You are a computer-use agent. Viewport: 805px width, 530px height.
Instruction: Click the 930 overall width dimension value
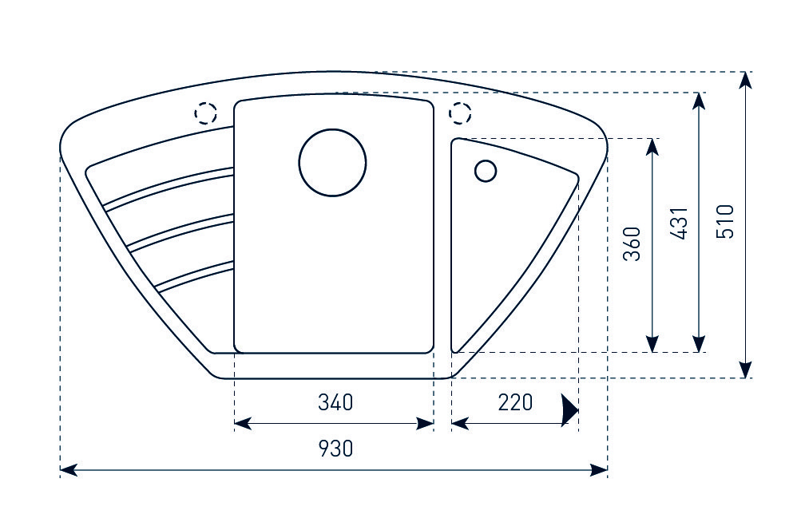[x=335, y=449]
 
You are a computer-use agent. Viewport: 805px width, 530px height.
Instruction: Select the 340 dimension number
[x=335, y=402]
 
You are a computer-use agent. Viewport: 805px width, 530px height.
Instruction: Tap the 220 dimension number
[x=515, y=402]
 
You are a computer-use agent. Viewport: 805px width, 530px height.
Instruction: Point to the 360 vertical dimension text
[x=632, y=244]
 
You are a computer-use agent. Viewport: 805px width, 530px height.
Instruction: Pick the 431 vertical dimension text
[x=679, y=223]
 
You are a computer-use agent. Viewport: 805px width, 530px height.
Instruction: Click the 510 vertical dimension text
[x=725, y=222]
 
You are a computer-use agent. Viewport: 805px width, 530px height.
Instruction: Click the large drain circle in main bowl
[x=332, y=162]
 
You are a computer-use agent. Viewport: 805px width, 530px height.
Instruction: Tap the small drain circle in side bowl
[x=486, y=172]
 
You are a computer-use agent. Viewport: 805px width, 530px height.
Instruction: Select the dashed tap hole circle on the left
[x=206, y=114]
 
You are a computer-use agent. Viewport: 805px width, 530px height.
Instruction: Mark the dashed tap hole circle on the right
[x=461, y=114]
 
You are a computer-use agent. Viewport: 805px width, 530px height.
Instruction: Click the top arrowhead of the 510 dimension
[x=745, y=79]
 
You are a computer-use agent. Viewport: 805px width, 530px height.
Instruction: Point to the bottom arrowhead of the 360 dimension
[x=653, y=345]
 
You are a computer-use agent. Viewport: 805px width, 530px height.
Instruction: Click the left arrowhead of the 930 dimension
[x=69, y=470]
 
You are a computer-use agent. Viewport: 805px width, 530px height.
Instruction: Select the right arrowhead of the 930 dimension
[x=600, y=470]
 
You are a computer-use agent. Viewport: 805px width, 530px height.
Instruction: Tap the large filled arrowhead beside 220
[x=569, y=409]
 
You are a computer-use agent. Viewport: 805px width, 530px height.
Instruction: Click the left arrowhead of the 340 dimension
[x=241, y=423]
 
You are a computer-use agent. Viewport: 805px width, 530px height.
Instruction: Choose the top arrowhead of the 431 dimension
[x=700, y=100]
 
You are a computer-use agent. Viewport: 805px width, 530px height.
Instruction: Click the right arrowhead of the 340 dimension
[x=426, y=423]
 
